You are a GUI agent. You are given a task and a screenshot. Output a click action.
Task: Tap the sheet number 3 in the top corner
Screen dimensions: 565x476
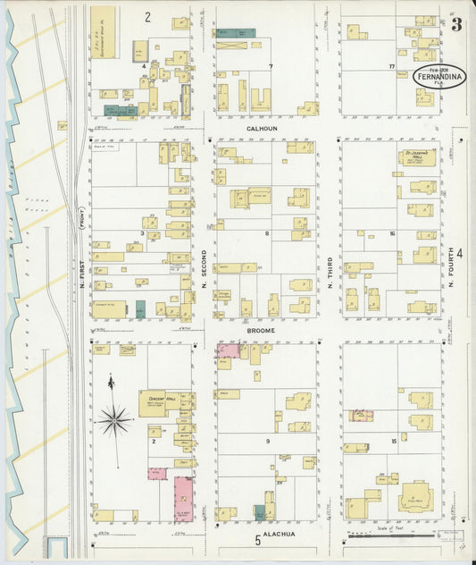point(456,24)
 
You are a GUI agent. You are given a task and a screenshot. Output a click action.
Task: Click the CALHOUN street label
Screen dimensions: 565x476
point(263,129)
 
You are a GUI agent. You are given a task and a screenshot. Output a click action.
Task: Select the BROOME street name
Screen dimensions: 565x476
point(261,330)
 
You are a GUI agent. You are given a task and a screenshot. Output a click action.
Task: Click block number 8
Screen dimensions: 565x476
point(266,233)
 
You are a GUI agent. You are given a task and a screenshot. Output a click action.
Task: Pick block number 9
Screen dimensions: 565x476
point(266,441)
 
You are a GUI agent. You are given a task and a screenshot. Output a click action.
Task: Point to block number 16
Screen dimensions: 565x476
point(391,233)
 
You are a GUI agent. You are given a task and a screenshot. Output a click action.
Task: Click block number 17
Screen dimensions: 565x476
point(391,67)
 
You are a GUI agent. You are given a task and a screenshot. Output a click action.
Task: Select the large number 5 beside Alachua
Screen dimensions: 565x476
point(257,539)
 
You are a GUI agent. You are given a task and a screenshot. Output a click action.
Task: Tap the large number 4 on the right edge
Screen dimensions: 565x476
point(461,253)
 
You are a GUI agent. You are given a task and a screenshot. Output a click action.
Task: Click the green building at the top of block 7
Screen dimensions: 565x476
point(237,34)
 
